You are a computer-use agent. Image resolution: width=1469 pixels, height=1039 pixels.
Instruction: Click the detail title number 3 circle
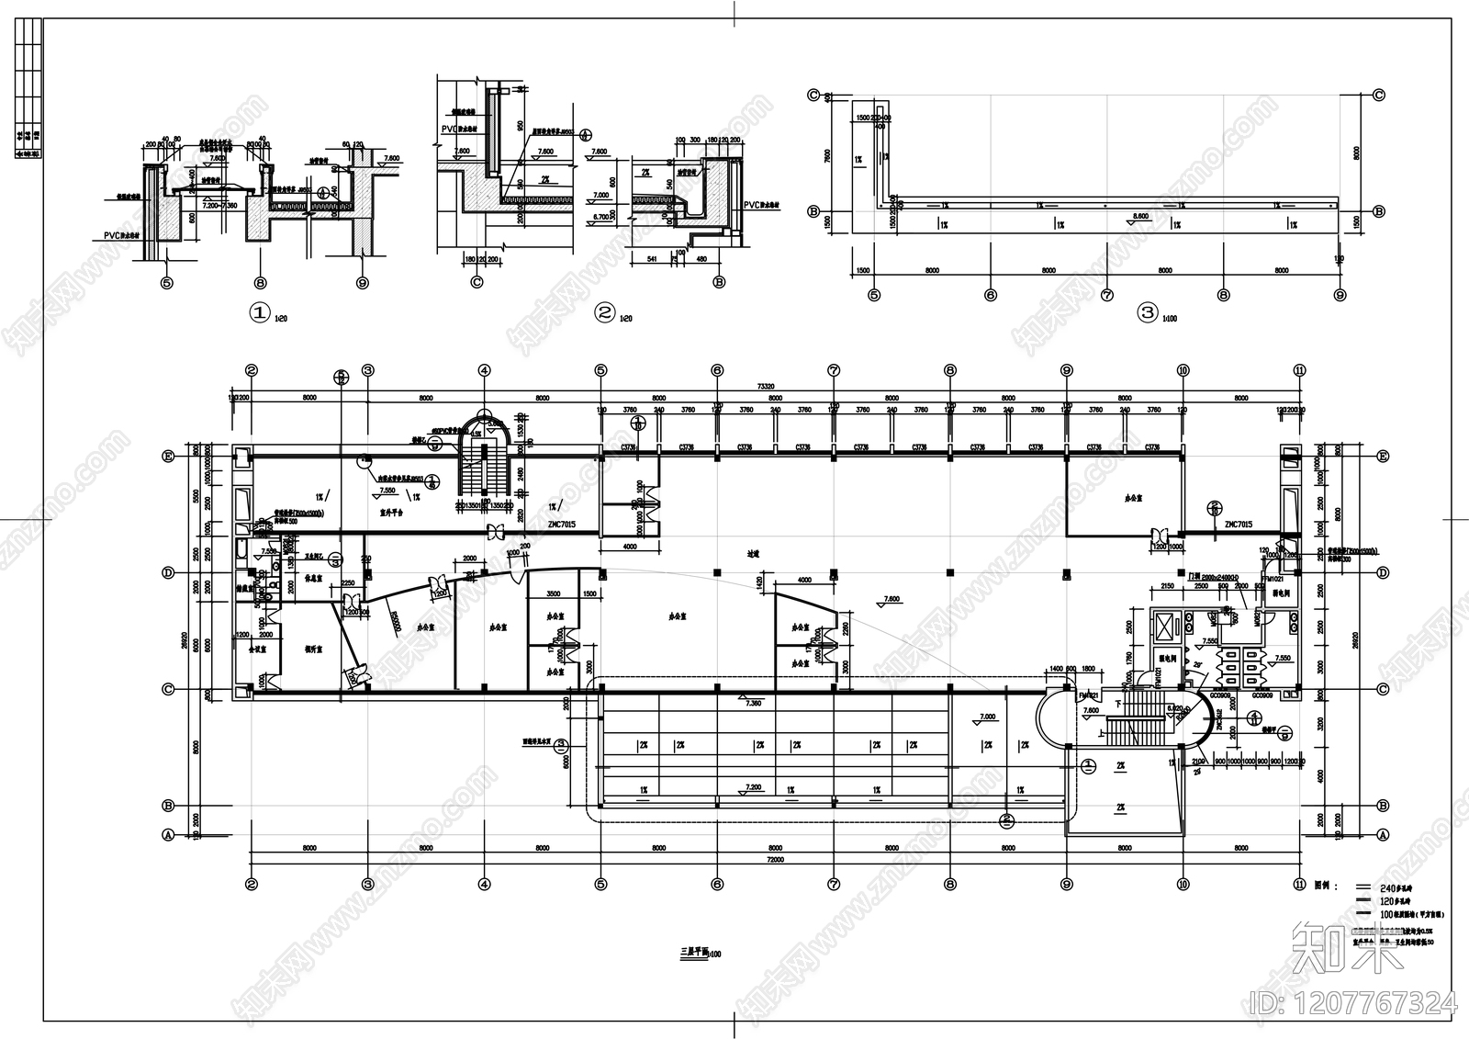coord(1148,312)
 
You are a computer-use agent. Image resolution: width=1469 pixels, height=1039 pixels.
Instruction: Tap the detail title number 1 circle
coord(259,313)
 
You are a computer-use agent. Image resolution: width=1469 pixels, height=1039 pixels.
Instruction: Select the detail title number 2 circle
coord(604,312)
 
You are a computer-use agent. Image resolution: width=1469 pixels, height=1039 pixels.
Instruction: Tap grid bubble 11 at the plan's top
coord(1299,370)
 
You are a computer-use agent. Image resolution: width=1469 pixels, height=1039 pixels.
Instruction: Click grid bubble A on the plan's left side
coord(168,835)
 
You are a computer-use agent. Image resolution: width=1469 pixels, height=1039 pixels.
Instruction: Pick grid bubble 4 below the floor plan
coord(484,885)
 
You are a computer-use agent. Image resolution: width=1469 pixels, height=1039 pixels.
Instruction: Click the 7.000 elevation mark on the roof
coord(987,717)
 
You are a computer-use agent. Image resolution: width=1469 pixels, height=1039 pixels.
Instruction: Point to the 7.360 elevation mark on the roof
coord(753,703)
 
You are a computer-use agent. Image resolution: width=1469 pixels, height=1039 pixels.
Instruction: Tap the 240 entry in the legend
coord(1389,888)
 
